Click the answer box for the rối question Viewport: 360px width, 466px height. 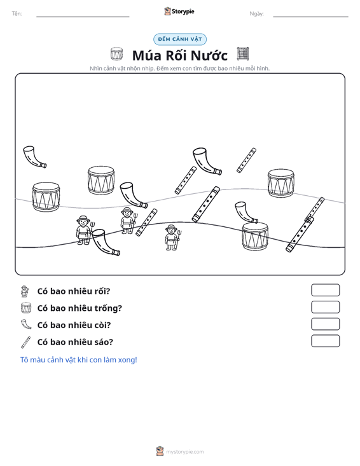[325, 290]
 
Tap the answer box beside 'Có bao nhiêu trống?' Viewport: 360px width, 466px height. [325, 307]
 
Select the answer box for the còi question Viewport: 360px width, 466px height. [325, 324]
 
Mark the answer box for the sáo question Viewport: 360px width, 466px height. [325, 341]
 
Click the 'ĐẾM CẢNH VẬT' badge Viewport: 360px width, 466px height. [180, 39]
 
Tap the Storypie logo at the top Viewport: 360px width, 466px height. [179, 11]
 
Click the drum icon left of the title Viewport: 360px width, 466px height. [116, 54]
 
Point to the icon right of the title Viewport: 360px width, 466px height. [243, 54]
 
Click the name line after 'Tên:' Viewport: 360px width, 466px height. [83, 17]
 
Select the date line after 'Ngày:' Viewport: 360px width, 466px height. [310, 17]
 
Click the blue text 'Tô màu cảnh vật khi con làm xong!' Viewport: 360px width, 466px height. [78, 360]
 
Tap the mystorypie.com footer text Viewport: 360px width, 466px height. [184, 452]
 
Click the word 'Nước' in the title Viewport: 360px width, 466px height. [209, 55]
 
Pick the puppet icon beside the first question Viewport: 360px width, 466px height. [25, 291]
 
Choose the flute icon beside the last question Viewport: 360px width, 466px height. [26, 342]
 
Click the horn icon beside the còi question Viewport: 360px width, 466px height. [26, 324]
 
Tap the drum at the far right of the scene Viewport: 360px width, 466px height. [281, 183]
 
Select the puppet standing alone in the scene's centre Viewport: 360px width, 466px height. [172, 238]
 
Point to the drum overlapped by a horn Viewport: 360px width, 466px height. [255, 236]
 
